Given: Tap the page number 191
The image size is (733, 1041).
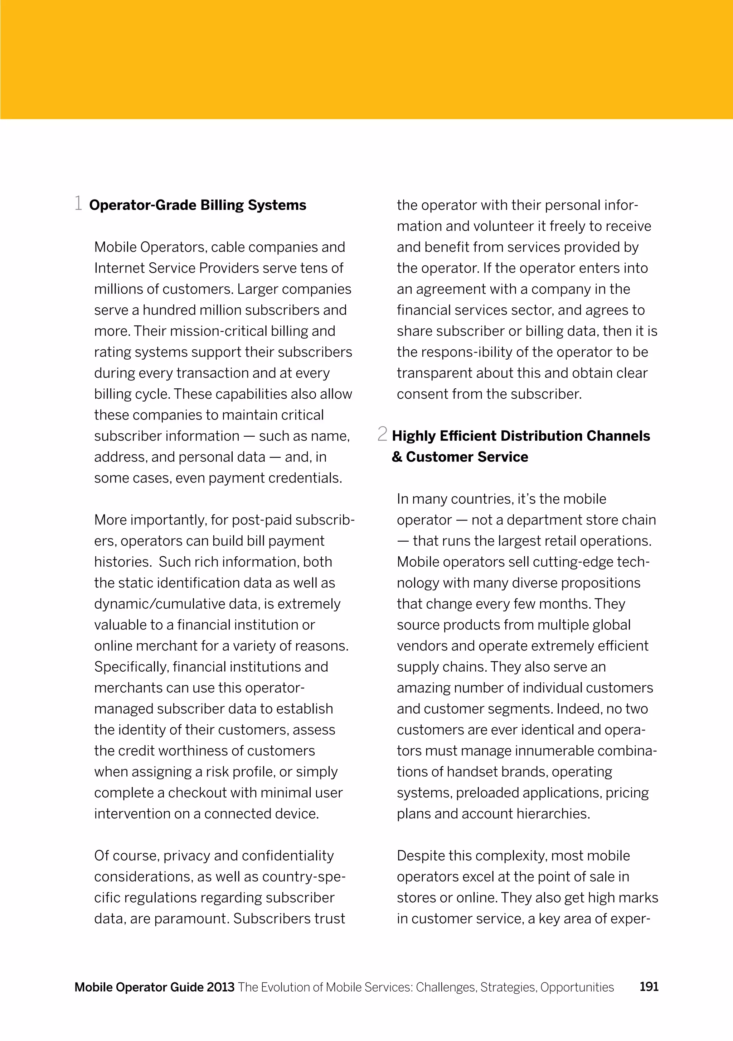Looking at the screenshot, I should [x=649, y=987].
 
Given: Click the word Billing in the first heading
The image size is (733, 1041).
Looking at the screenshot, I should [x=222, y=205].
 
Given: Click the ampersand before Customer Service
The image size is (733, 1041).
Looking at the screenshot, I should [x=397, y=457].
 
